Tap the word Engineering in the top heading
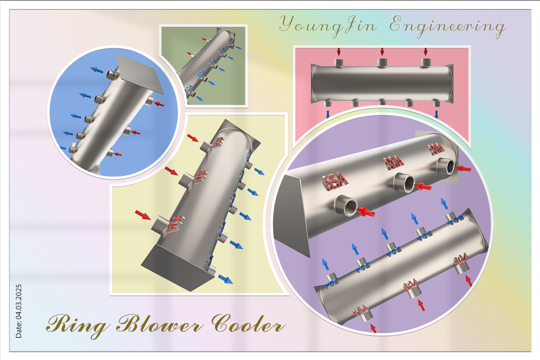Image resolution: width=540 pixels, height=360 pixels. point(446,26)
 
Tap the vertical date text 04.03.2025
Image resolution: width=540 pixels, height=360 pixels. point(18,310)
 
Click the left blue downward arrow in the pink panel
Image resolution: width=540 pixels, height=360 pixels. point(327,114)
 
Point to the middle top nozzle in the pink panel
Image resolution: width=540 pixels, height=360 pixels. point(382,62)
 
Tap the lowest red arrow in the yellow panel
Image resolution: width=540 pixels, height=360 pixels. point(143,215)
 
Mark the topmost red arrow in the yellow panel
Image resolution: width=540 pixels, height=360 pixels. point(192,137)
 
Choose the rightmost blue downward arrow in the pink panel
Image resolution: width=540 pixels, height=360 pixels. point(436,114)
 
